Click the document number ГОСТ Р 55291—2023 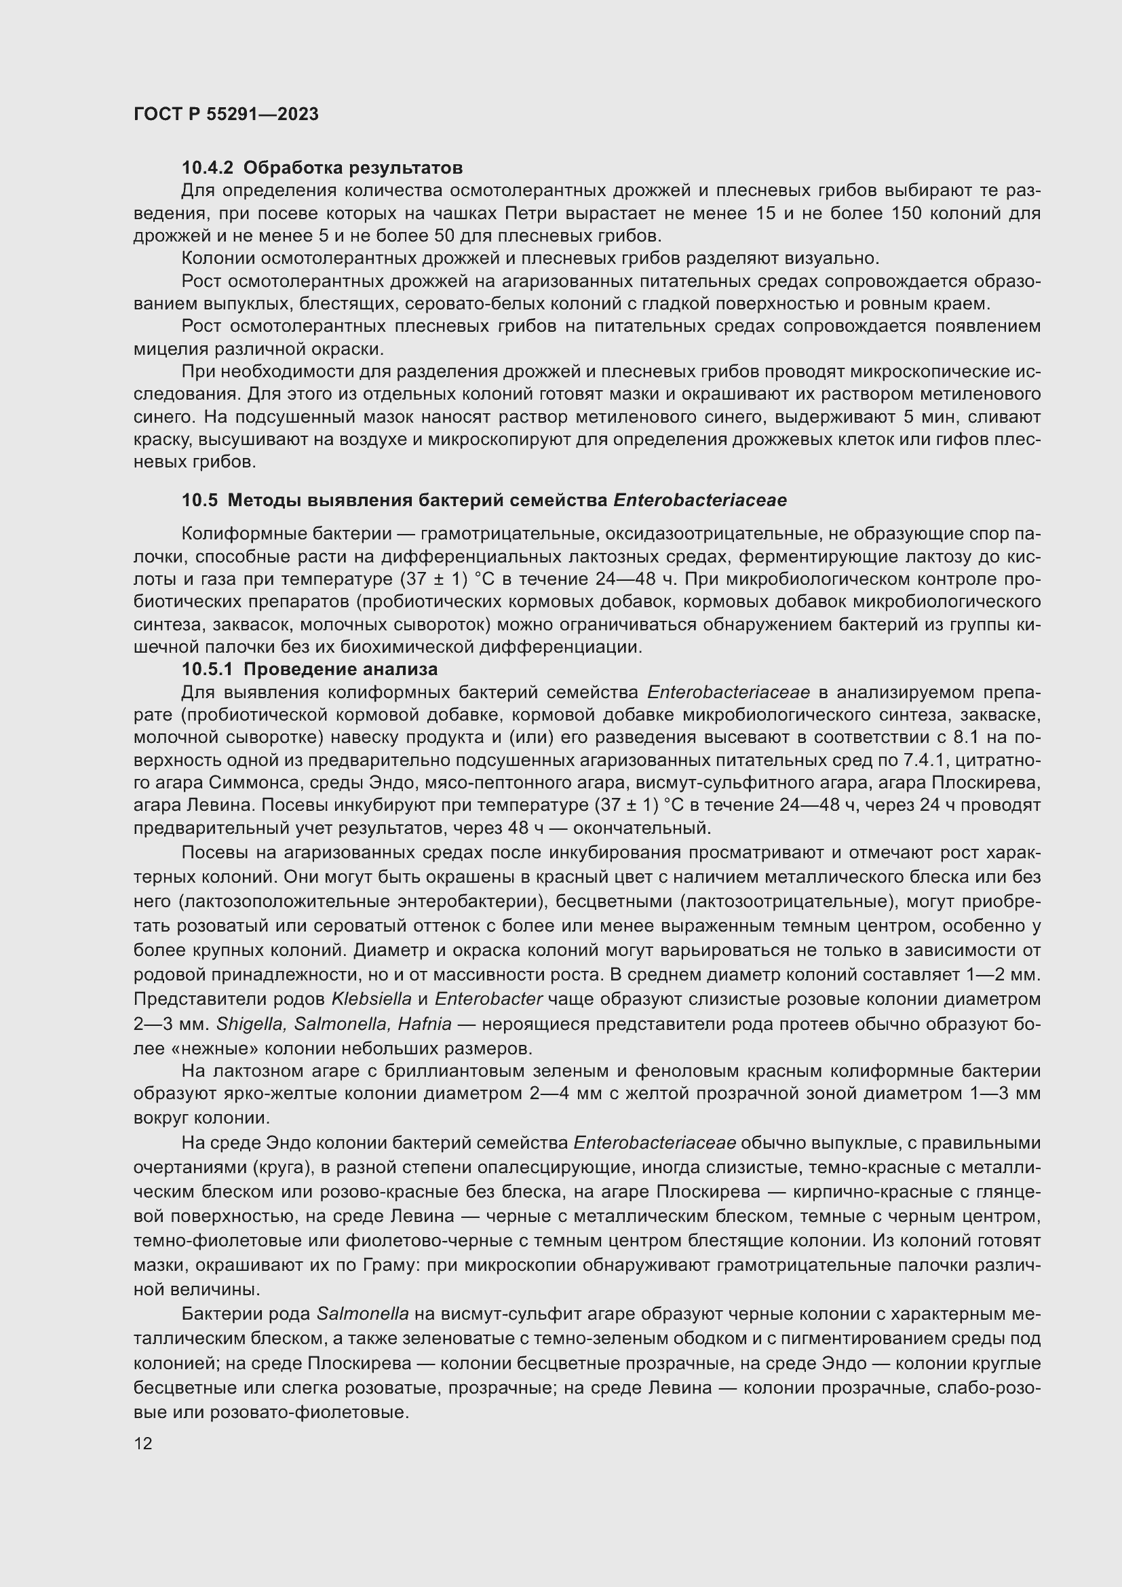click(x=226, y=115)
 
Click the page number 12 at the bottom click(x=143, y=1443)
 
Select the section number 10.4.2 click(x=208, y=168)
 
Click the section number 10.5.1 click(x=208, y=669)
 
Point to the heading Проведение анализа click(x=341, y=669)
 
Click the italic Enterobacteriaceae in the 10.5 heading click(x=699, y=501)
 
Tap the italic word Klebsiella click(x=371, y=999)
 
